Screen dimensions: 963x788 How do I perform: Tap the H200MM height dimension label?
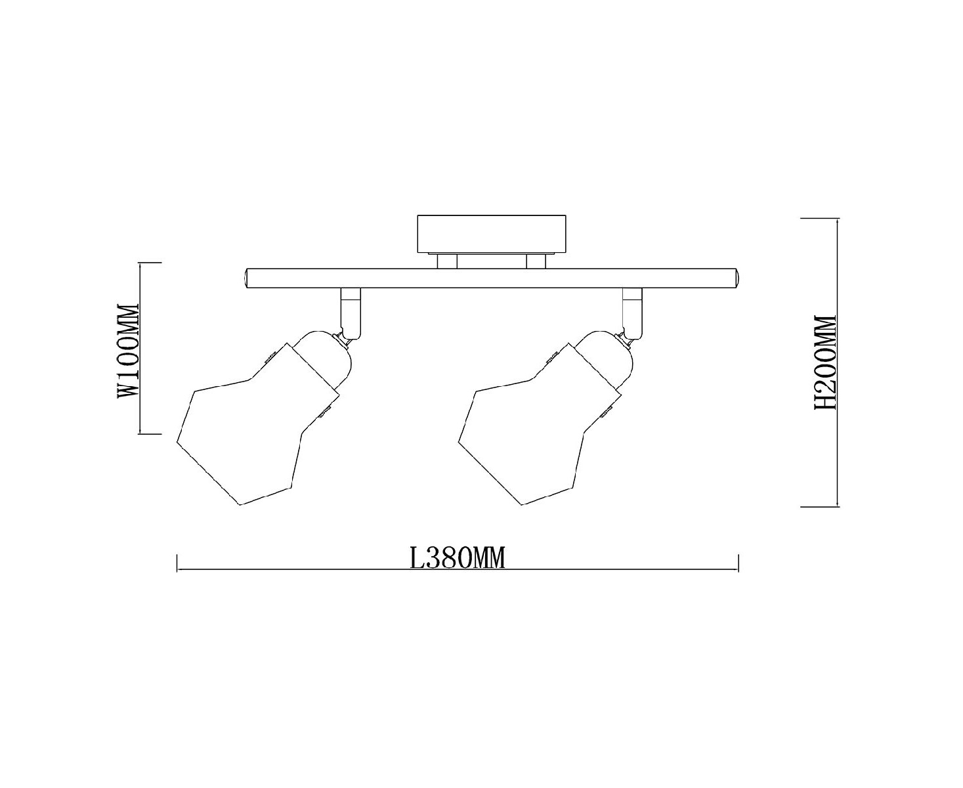tap(825, 361)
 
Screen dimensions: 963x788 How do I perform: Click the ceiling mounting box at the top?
tap(491, 234)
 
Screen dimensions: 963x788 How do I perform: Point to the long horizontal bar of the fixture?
tap(491, 278)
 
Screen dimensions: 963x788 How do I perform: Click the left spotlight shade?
tap(256, 429)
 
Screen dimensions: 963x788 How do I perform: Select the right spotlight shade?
tap(538, 429)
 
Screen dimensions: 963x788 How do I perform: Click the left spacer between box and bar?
tap(447, 261)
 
